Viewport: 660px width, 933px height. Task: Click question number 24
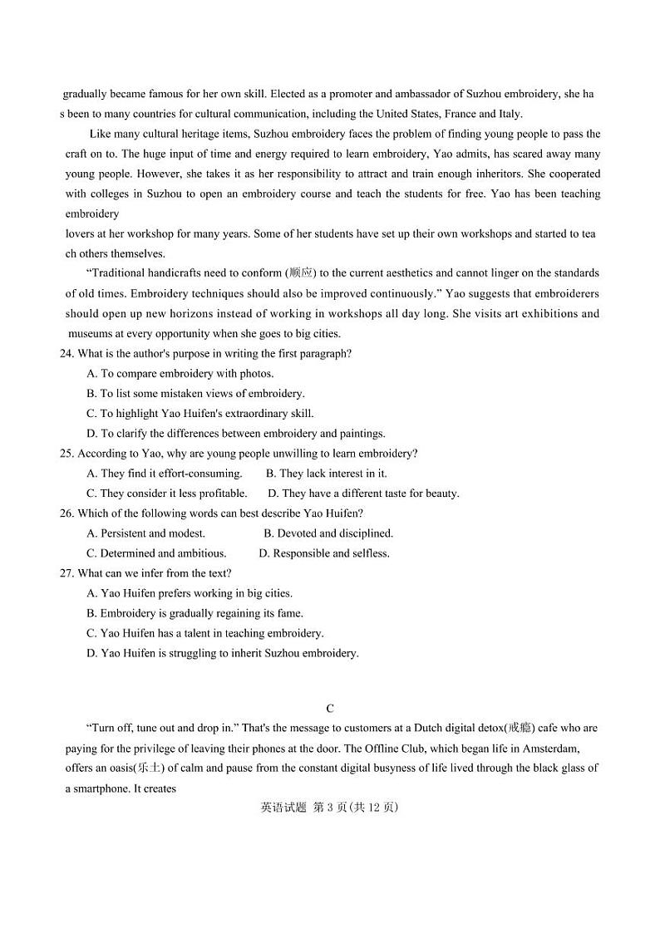[x=66, y=354]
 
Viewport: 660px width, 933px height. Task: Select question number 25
[x=66, y=454]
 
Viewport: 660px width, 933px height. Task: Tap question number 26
[x=66, y=513]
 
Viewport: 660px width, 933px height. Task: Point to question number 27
[x=66, y=573]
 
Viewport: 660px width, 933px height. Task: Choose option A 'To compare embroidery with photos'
[x=180, y=374]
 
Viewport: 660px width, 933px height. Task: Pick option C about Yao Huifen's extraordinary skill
[x=199, y=414]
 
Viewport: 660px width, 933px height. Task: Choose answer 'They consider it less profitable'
[x=167, y=494]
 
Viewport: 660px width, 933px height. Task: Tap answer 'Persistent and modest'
[x=146, y=533]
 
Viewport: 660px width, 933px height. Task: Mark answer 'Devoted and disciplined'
[x=328, y=533]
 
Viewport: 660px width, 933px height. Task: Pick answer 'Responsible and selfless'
[x=324, y=553]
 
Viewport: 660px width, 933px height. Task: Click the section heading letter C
[x=330, y=709]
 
